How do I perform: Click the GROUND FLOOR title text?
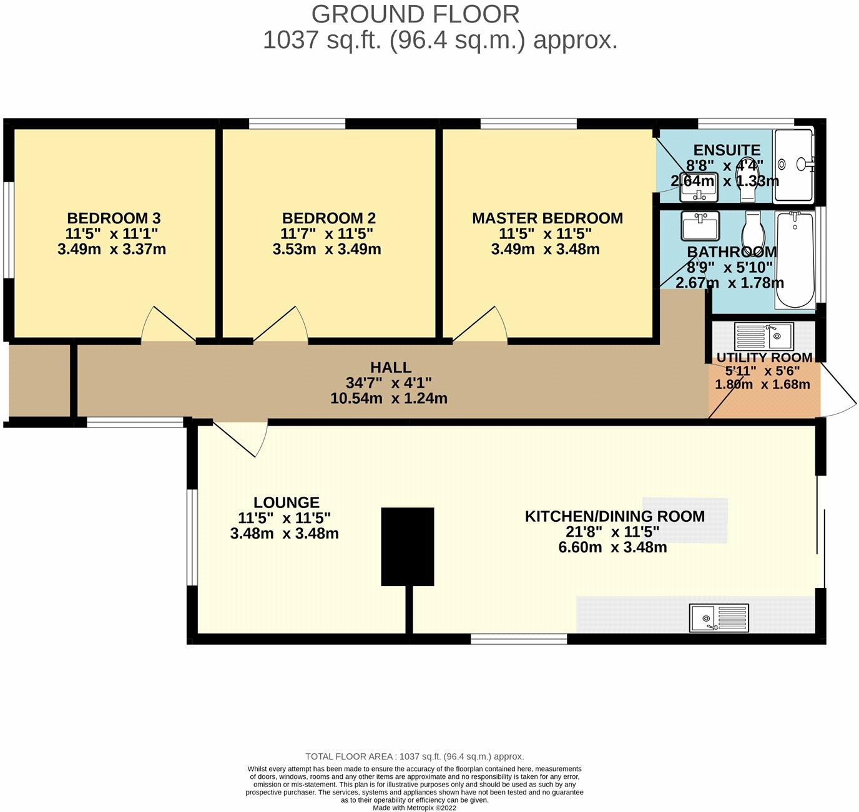point(415,14)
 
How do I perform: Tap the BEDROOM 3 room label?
point(114,218)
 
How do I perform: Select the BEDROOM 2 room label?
point(328,218)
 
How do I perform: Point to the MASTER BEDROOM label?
point(547,218)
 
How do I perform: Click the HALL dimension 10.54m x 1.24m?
point(388,398)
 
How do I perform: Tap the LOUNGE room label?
point(286,502)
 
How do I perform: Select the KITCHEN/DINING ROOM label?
point(614,517)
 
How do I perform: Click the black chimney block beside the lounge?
point(407,546)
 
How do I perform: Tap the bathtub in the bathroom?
point(795,260)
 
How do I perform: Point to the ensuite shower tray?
point(793,165)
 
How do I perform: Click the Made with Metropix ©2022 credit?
point(415,808)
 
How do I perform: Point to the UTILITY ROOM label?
point(764,358)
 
